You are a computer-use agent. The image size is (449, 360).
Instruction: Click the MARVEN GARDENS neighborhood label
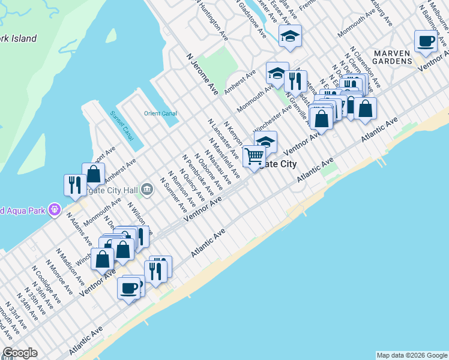[x=391, y=57]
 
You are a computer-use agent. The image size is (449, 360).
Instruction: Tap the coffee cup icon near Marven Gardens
[x=426, y=41]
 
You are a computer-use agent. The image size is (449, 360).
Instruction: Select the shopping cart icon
[x=254, y=156]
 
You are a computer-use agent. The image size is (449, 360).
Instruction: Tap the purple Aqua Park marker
[x=55, y=209]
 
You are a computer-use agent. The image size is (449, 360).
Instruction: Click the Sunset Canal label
[x=122, y=125]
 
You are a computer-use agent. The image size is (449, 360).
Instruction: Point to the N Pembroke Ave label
[x=198, y=175]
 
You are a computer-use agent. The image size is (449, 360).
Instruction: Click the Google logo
[x=20, y=353]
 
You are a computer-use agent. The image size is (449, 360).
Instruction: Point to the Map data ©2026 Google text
[x=411, y=355]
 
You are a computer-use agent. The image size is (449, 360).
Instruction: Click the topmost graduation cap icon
[x=290, y=36]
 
